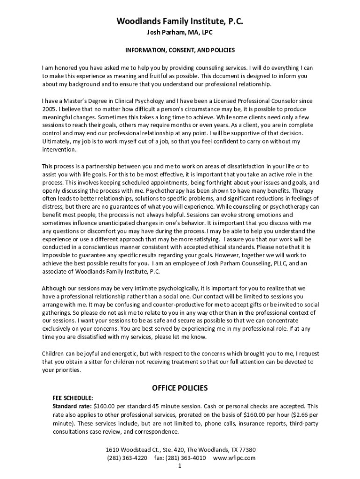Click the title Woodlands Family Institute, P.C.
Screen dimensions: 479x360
coord(180,22)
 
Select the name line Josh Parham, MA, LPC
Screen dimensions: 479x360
coord(180,33)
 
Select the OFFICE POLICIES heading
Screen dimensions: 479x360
coord(180,388)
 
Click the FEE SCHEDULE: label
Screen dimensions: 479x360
coord(72,398)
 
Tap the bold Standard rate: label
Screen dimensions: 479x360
coord(72,406)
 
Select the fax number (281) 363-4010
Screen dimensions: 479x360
coord(184,458)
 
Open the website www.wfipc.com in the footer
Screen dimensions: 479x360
coord(234,458)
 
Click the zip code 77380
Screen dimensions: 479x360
coord(245,450)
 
